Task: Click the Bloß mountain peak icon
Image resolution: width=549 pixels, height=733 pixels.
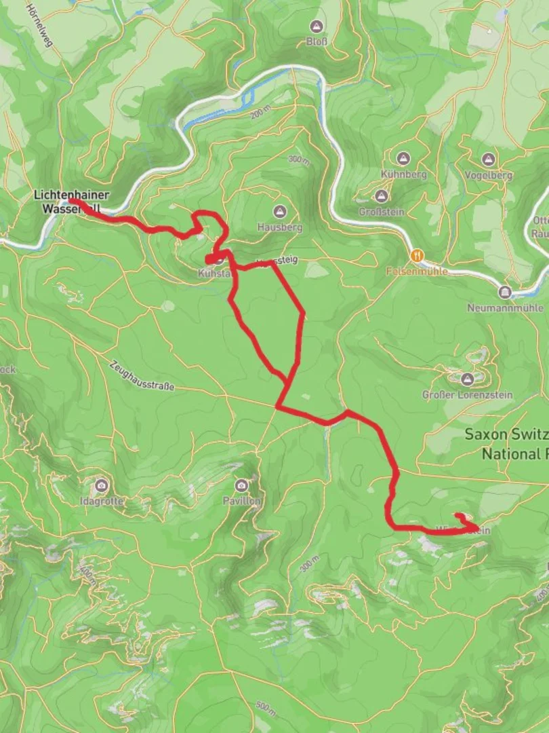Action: click(316, 26)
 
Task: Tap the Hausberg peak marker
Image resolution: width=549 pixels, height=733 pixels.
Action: click(279, 212)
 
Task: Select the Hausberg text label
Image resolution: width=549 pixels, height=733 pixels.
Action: click(279, 227)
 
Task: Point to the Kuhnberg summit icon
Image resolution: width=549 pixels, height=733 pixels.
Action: click(403, 159)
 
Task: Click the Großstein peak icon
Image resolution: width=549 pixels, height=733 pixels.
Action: click(381, 196)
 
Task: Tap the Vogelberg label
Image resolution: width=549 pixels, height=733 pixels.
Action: click(488, 175)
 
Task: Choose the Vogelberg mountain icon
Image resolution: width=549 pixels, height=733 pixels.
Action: click(488, 159)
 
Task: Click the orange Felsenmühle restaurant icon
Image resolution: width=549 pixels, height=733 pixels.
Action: click(416, 255)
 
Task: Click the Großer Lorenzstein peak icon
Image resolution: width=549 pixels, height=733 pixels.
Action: click(467, 379)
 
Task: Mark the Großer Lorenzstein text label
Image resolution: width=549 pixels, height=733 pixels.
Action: click(467, 394)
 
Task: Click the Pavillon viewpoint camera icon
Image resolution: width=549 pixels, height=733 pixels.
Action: click(241, 485)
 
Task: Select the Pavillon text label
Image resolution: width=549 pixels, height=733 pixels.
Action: click(241, 501)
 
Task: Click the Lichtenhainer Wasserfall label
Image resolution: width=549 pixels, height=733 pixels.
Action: click(71, 202)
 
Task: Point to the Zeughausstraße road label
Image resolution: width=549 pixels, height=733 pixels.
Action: click(142, 375)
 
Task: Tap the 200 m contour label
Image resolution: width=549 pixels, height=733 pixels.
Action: click(260, 113)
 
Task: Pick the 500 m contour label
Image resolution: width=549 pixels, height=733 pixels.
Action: click(266, 708)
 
